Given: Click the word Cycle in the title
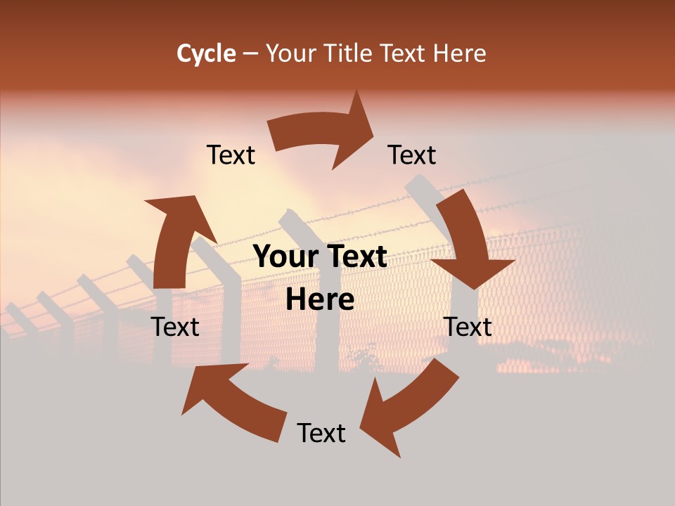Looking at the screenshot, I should (x=206, y=53).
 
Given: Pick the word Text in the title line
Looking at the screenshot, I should (x=404, y=53).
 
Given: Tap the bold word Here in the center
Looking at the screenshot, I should (x=320, y=300).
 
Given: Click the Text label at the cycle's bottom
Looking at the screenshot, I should (x=321, y=433).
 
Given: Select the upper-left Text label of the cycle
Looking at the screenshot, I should (x=231, y=155).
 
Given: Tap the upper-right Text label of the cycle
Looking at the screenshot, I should (x=412, y=155).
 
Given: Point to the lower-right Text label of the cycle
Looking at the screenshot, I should (x=468, y=327).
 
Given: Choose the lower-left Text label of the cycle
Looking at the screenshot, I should (x=175, y=327).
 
